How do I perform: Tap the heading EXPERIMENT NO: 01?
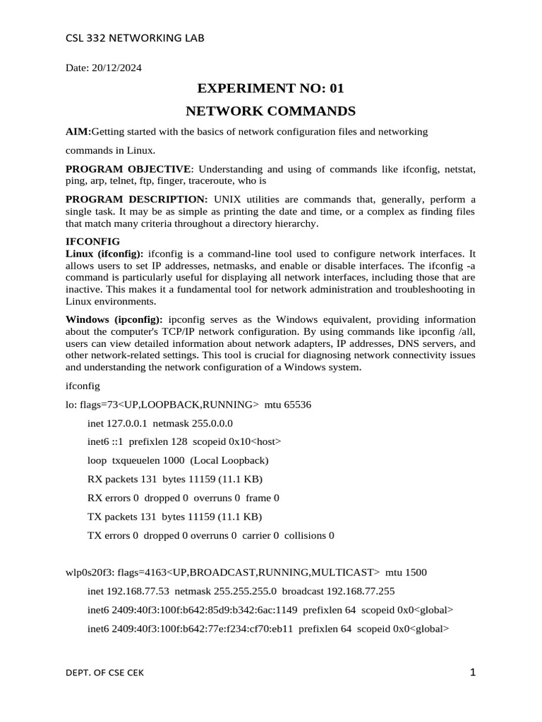coord(271,89)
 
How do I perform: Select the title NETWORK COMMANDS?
coord(271,111)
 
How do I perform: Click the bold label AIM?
coord(78,132)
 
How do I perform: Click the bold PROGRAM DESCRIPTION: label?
coord(137,199)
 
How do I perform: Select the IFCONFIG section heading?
coord(92,241)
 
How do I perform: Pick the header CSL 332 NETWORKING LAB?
coord(134,38)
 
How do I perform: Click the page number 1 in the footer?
coord(473,673)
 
